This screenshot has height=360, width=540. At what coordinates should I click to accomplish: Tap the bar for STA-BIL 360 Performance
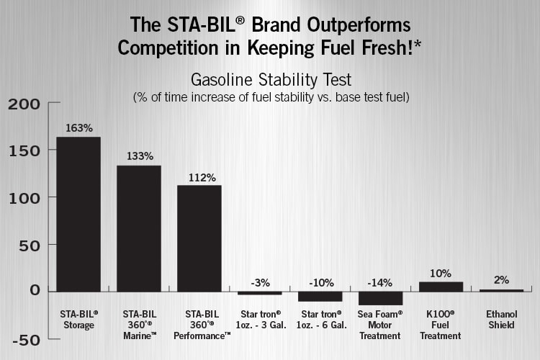[199, 238]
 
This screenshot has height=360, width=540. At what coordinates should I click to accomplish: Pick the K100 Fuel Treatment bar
[441, 287]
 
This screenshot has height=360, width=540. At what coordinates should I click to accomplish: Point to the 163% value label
[78, 128]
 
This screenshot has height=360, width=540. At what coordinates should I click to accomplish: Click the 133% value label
[139, 156]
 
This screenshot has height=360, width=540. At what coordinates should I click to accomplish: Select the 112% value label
[199, 176]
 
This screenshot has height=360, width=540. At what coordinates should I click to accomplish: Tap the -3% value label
[260, 281]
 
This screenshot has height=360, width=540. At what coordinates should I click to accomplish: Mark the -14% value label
[380, 281]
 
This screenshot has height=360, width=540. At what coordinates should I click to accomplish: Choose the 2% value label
[501, 279]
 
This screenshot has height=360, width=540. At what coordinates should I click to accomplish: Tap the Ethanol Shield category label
[501, 319]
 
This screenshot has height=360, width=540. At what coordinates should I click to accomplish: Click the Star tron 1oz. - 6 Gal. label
[320, 319]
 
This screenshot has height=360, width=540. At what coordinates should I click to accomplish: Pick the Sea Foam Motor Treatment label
[380, 325]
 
